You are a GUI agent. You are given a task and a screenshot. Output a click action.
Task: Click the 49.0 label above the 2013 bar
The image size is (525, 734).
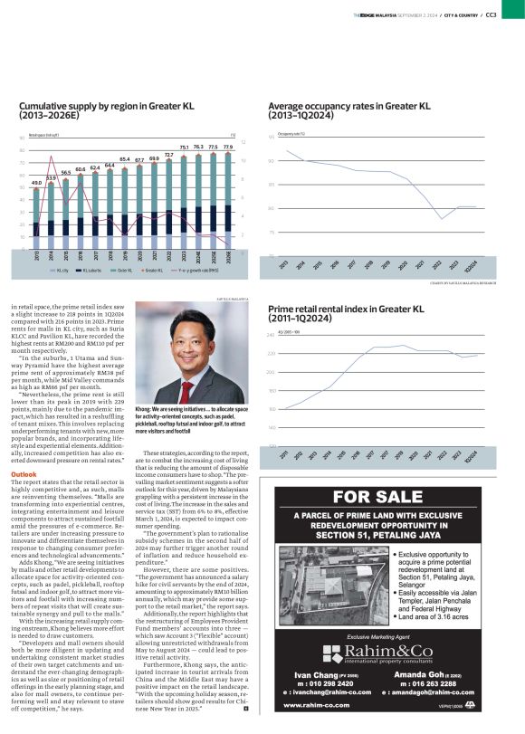pos(35,183)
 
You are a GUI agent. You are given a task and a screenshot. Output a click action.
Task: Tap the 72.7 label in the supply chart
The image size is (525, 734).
pos(169,155)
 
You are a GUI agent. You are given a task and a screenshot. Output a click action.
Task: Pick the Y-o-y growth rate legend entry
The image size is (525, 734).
pos(197,270)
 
